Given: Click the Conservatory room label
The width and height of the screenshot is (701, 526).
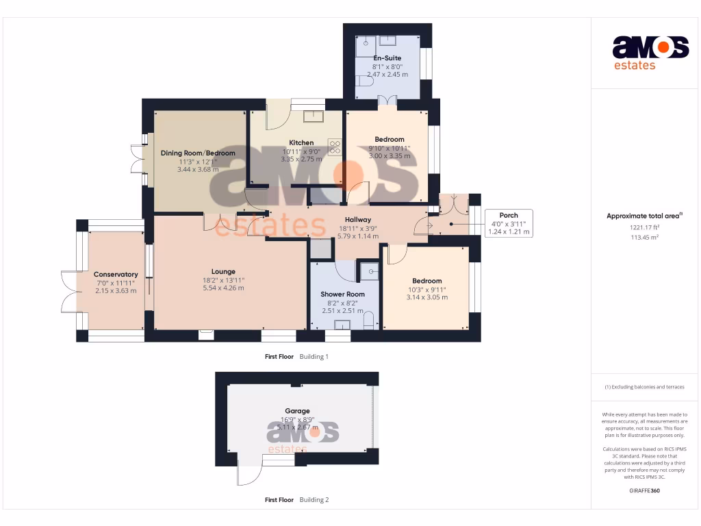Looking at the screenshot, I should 116,275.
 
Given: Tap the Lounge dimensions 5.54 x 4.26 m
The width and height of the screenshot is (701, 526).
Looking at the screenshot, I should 223,288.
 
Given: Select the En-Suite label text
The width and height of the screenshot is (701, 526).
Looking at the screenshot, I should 387,58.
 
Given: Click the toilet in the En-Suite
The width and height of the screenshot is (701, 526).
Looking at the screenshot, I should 365,81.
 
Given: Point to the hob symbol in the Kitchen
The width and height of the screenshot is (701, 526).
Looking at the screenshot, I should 335,147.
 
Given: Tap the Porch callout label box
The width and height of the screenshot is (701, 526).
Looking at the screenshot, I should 509,223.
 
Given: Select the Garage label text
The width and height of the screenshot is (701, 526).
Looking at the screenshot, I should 297,411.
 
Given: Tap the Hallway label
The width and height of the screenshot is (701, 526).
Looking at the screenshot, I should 357,220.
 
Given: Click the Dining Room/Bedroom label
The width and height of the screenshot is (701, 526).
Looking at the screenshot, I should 198,153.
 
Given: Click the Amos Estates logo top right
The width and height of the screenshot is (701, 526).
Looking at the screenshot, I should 650,52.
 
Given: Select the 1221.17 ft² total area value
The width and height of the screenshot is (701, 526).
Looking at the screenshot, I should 644,227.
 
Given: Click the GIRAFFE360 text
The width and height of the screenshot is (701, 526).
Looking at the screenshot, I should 644,490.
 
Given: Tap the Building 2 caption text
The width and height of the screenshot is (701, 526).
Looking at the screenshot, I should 314,500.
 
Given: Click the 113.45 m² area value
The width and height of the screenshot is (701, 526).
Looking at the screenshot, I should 644,237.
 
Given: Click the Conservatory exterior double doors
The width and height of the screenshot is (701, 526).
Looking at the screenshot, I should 70,291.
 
